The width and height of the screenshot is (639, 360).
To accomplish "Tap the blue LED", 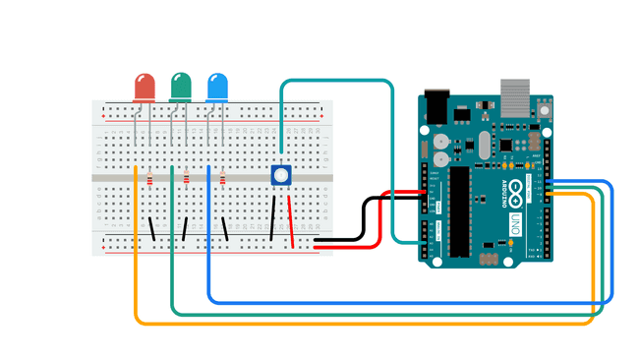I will point(217,87).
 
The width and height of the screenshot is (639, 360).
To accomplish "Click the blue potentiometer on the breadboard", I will point(281,176).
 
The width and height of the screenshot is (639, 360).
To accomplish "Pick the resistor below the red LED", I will point(149,179).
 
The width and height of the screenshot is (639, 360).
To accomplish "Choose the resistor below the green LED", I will point(186,179).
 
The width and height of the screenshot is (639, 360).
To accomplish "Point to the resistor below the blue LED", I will point(222,179).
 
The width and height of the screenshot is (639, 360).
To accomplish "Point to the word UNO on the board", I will point(512,228).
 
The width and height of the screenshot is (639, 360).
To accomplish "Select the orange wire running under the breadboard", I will point(364,323).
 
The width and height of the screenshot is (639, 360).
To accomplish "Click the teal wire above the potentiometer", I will point(334,81).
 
